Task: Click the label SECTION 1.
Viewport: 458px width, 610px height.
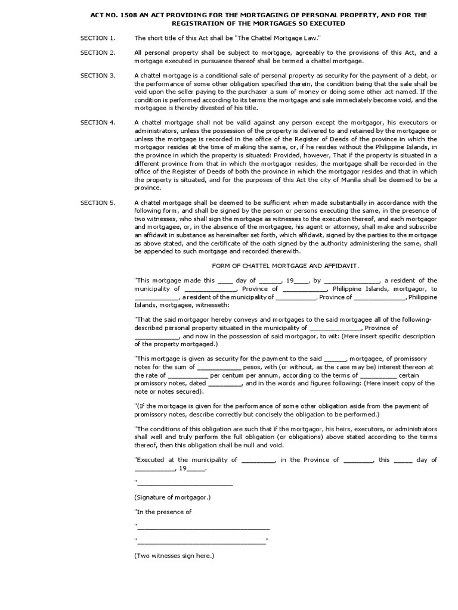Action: click(98, 38)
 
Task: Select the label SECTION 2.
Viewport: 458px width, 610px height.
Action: click(98, 53)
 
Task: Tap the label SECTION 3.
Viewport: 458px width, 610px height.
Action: click(98, 76)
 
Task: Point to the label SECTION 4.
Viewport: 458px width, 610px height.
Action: click(98, 122)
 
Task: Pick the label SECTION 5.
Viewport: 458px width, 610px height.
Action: click(98, 203)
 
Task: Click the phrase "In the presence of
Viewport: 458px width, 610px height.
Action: click(163, 512)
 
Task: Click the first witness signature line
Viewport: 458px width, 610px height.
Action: click(203, 527)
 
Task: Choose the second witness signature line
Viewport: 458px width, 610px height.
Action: click(201, 541)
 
